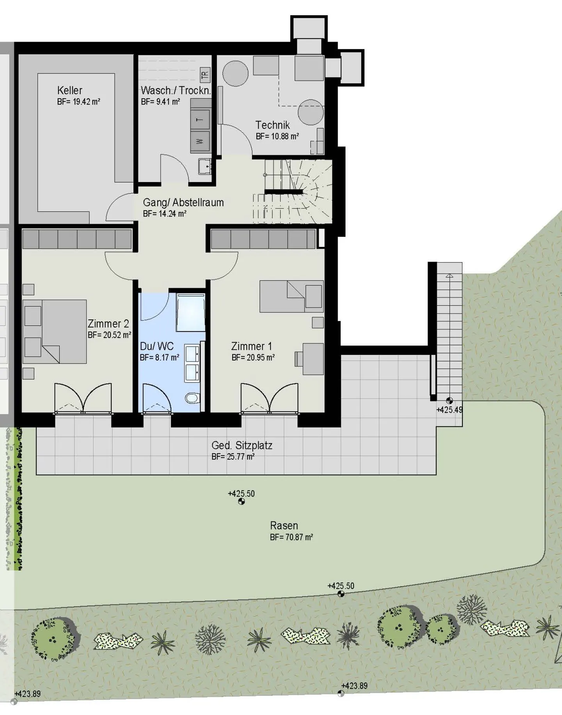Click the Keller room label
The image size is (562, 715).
tap(69, 90)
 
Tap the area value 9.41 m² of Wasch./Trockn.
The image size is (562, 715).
tap(160, 102)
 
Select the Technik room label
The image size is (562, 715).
tap(272, 125)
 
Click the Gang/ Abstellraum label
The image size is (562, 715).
tap(183, 202)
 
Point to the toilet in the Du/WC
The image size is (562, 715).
tap(192, 398)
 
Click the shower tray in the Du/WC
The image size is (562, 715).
tap(190, 312)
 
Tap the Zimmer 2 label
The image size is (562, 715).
tap(108, 324)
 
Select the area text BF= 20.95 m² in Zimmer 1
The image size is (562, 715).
tap(253, 357)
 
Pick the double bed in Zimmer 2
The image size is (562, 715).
tap(55, 332)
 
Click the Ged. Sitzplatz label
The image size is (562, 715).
tap(242, 445)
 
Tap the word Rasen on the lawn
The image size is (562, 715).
tap(284, 525)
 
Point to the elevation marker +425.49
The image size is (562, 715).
tap(449, 410)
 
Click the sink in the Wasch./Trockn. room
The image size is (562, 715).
tap(204, 167)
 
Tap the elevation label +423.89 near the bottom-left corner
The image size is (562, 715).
tap(27, 694)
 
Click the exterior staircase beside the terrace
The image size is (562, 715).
tap(449, 332)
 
